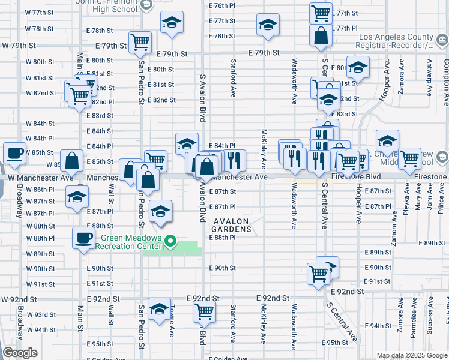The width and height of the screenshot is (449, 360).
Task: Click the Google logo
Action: click(x=20, y=353)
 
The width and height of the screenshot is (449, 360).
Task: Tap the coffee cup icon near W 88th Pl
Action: click(x=83, y=238)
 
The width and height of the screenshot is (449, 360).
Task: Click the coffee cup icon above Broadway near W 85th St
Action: click(x=14, y=153)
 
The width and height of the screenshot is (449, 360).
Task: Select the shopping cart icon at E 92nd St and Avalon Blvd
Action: click(x=204, y=311)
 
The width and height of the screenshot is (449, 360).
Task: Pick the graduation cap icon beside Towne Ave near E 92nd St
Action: click(x=159, y=309)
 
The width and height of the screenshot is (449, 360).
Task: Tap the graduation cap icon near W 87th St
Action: click(x=77, y=197)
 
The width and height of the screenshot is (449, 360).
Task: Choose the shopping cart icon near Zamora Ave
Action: click(x=409, y=159)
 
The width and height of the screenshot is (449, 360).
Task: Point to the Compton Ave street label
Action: click(x=445, y=77)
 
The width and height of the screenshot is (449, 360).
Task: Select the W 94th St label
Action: click(x=41, y=330)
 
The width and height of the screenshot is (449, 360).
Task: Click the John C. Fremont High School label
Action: click(x=107, y=6)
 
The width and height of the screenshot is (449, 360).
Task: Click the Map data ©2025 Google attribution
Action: click(x=412, y=355)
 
